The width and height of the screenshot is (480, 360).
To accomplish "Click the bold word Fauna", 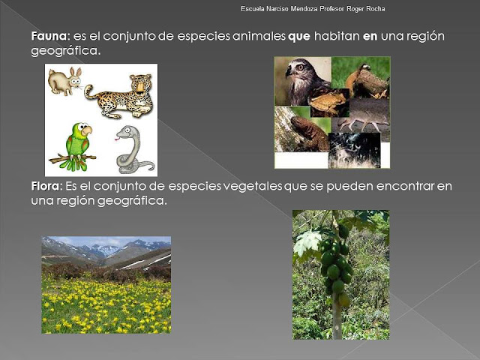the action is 49,37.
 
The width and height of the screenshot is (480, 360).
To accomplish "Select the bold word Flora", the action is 45,186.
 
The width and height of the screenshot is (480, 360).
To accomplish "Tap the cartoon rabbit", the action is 65,81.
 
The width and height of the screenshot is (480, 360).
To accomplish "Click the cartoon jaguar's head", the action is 141,84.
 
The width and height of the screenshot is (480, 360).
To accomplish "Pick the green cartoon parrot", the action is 77,145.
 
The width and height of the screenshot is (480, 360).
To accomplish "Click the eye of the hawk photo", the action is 300,67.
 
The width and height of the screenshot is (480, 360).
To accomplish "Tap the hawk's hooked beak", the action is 289,72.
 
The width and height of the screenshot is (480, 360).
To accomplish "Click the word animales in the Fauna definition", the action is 259,37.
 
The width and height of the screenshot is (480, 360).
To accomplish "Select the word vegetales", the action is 256,187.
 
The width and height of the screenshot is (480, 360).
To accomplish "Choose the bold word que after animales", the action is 299,37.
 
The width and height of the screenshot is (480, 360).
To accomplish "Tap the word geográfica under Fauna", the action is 66,51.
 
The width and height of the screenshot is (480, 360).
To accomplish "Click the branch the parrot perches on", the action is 72,158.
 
